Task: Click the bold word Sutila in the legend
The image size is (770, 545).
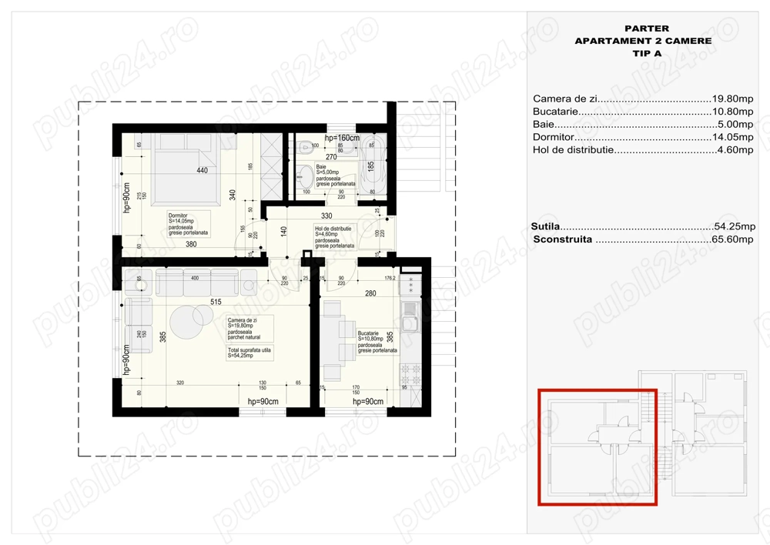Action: (x=545, y=226)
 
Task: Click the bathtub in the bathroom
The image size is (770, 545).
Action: (x=370, y=164)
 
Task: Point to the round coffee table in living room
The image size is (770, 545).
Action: (x=186, y=319)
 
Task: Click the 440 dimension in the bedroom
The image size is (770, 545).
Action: (x=203, y=170)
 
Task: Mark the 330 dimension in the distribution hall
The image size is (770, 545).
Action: (x=326, y=216)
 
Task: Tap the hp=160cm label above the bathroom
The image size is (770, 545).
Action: (x=342, y=138)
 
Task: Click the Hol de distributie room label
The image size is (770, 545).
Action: (x=333, y=229)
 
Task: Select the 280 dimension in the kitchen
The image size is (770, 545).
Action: (x=370, y=293)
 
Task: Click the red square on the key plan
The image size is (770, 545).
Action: (x=597, y=446)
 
